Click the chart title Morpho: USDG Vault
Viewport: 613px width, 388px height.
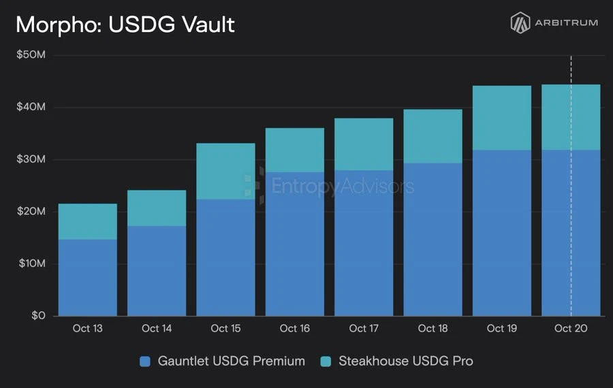point(125,25)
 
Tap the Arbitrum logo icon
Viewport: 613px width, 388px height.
point(520,22)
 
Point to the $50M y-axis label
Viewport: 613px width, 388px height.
point(31,54)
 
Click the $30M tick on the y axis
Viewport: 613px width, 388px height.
point(31,159)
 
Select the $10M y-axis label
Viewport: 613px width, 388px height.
point(32,263)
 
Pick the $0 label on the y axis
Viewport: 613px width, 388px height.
point(38,315)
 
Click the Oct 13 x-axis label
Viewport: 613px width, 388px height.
point(88,328)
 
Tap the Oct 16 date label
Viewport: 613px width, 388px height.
point(295,328)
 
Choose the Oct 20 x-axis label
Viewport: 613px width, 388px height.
point(571,328)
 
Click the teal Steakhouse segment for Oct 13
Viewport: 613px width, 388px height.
point(88,221)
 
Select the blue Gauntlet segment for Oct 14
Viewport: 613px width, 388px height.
point(157,271)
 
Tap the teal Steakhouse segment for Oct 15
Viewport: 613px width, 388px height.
point(225,171)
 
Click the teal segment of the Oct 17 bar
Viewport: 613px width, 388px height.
point(364,144)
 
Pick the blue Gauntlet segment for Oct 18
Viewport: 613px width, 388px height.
point(433,240)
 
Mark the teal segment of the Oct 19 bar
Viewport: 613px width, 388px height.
point(502,118)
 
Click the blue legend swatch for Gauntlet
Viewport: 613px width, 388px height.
point(145,361)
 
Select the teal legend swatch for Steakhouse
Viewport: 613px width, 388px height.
point(326,361)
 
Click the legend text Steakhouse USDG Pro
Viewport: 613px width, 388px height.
point(406,361)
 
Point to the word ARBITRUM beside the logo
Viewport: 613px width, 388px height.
point(567,22)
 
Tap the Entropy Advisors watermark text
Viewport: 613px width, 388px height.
point(343,186)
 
